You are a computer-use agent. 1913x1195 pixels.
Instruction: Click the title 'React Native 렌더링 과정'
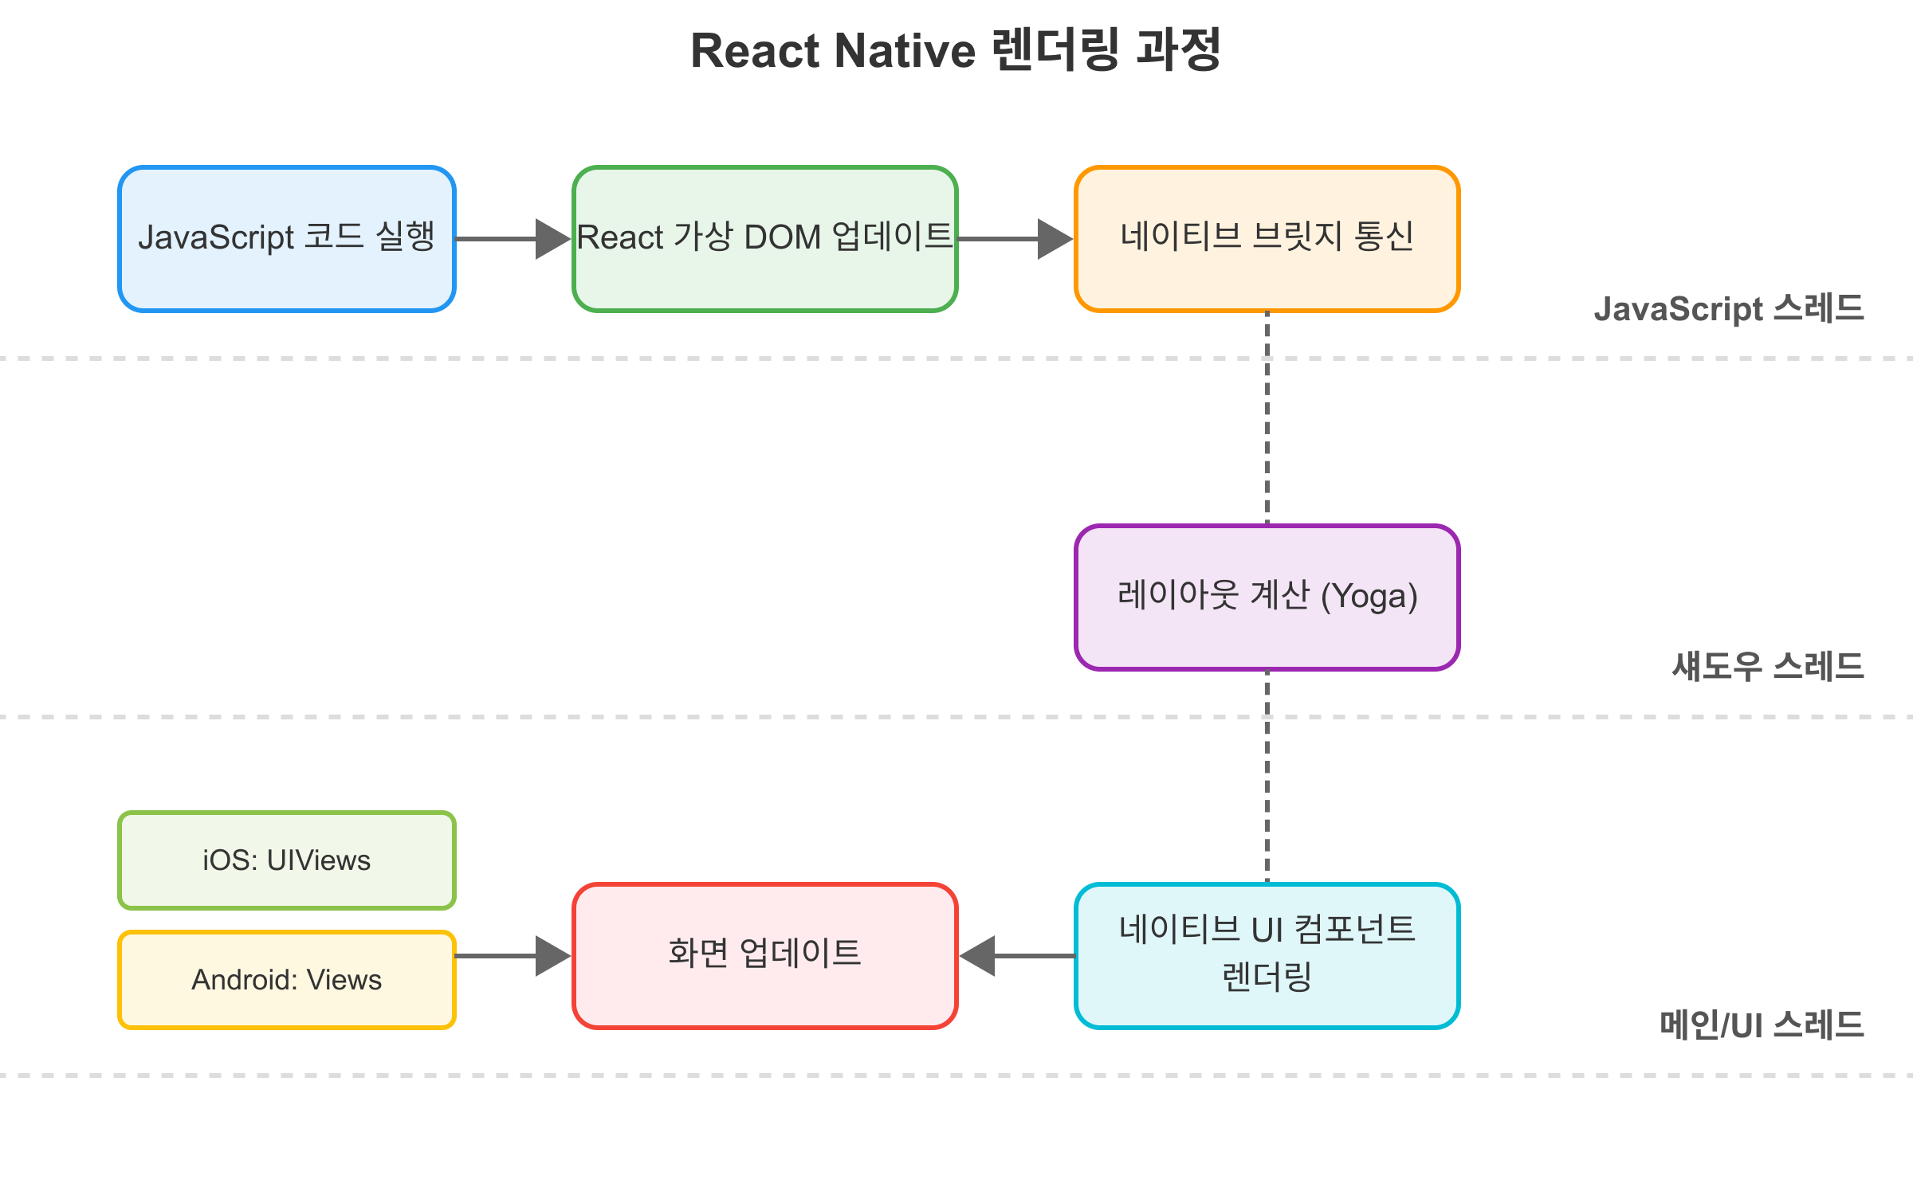coord(956,50)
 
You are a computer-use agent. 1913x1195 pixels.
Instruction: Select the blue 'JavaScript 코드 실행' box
coord(287,238)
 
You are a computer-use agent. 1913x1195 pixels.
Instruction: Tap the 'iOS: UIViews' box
coord(287,860)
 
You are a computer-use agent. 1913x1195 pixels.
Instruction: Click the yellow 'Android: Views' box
coord(287,980)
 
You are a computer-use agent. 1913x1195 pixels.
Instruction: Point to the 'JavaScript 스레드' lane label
coord(1728,309)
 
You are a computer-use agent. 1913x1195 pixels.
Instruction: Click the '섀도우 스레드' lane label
coord(1767,667)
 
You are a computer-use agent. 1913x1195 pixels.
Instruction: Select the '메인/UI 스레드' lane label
coord(1762,1025)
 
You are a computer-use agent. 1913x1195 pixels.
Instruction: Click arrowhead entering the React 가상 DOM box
coord(553,239)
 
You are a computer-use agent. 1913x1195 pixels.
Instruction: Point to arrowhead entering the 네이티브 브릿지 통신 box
coord(1055,239)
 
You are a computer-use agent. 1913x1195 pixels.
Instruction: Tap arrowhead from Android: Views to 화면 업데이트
coord(553,956)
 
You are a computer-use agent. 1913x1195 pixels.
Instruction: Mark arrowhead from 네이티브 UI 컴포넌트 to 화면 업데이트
coord(977,956)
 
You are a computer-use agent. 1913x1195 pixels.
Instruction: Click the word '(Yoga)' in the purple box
coord(1369,597)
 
